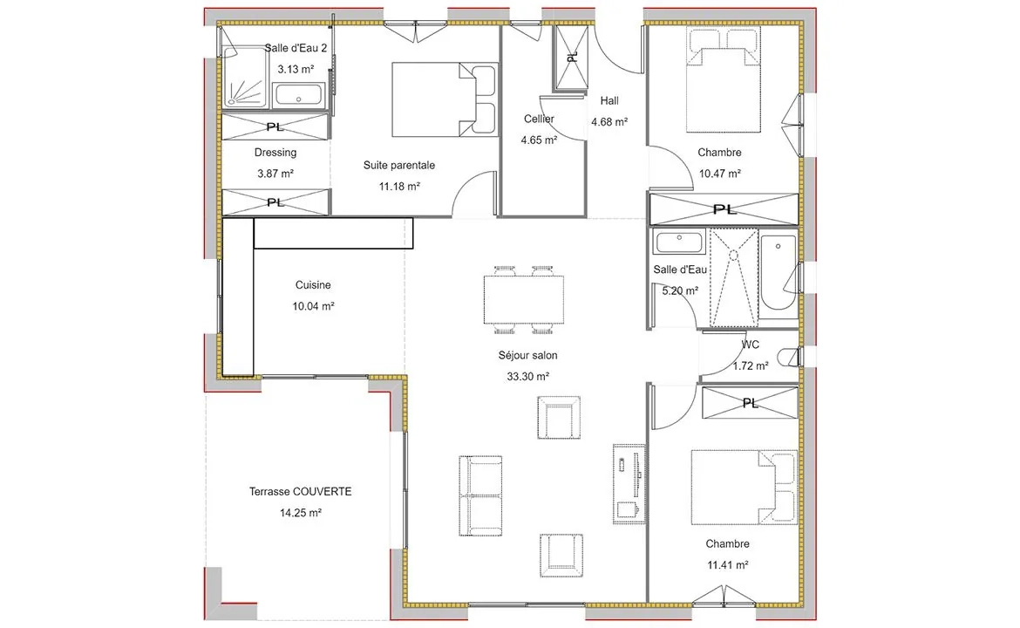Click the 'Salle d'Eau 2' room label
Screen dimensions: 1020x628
[x=296, y=48]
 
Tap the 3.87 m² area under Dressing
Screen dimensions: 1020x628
[x=275, y=174]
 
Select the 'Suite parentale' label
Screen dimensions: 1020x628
[x=398, y=166]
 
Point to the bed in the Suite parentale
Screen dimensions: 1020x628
[x=445, y=99]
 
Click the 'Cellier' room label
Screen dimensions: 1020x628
[x=539, y=119]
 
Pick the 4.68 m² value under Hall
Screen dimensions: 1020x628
[x=609, y=122]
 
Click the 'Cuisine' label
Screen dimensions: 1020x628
[x=313, y=285]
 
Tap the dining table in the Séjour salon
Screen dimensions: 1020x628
[x=524, y=300]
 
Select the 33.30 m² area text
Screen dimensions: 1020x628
[x=527, y=377]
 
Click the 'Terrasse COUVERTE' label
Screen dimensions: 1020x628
[x=301, y=492]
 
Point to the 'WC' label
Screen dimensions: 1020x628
[x=750, y=345]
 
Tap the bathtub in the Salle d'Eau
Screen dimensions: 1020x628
[x=778, y=273]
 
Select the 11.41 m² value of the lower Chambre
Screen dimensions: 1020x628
[x=727, y=565]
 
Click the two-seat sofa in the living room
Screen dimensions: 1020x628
[x=480, y=495]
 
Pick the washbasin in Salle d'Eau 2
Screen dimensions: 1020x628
[x=298, y=95]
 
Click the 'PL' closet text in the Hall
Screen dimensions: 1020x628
[x=572, y=58]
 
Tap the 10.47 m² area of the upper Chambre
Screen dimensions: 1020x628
[x=719, y=174]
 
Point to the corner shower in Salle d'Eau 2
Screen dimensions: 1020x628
[x=245, y=78]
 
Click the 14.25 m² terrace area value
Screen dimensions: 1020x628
[x=301, y=513]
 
